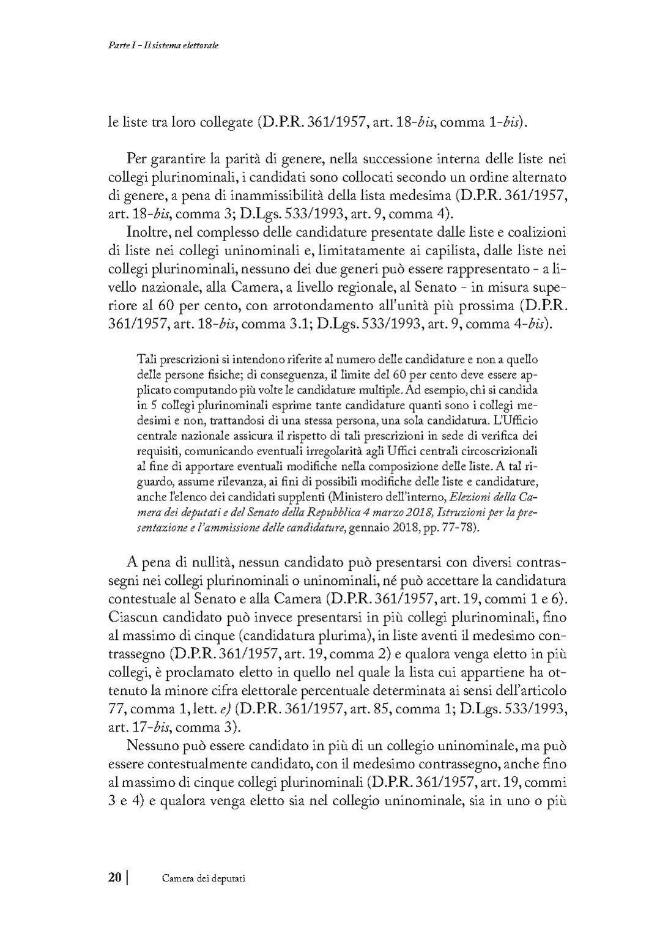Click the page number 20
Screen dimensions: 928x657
(x=114, y=877)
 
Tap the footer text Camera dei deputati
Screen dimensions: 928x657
(x=204, y=878)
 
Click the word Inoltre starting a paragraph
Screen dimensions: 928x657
(x=145, y=233)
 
